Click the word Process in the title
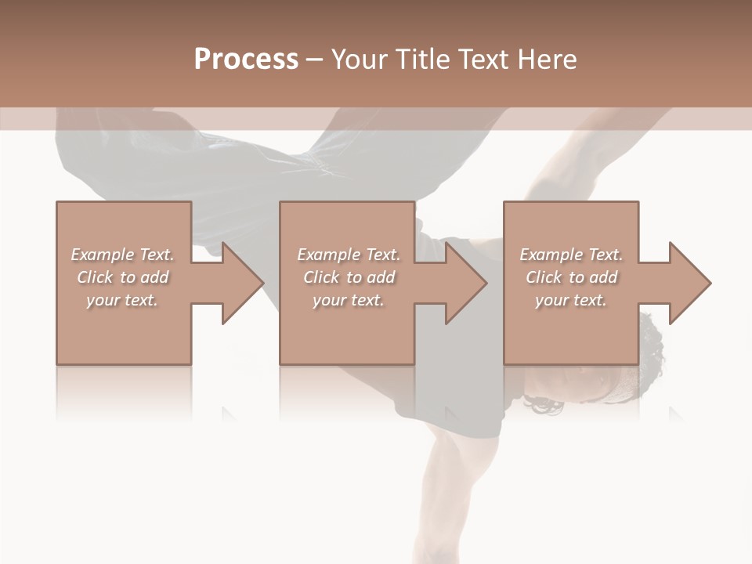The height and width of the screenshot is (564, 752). click(246, 60)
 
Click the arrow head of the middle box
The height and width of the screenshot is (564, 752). click(465, 283)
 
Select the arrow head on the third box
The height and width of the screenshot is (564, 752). click(689, 283)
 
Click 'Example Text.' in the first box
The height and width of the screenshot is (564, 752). click(122, 255)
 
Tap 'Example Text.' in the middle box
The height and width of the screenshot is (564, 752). click(349, 255)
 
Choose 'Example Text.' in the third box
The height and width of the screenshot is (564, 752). click(571, 255)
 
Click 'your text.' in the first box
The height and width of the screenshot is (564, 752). click(122, 300)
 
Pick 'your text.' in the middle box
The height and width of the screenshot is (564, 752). click(349, 300)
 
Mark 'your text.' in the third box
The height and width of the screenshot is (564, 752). click(571, 300)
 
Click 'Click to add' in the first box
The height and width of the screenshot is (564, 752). click(122, 277)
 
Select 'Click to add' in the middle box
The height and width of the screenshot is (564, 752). click(349, 277)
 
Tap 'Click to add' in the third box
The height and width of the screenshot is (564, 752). click(571, 277)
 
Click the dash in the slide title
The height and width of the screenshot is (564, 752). click(315, 60)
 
